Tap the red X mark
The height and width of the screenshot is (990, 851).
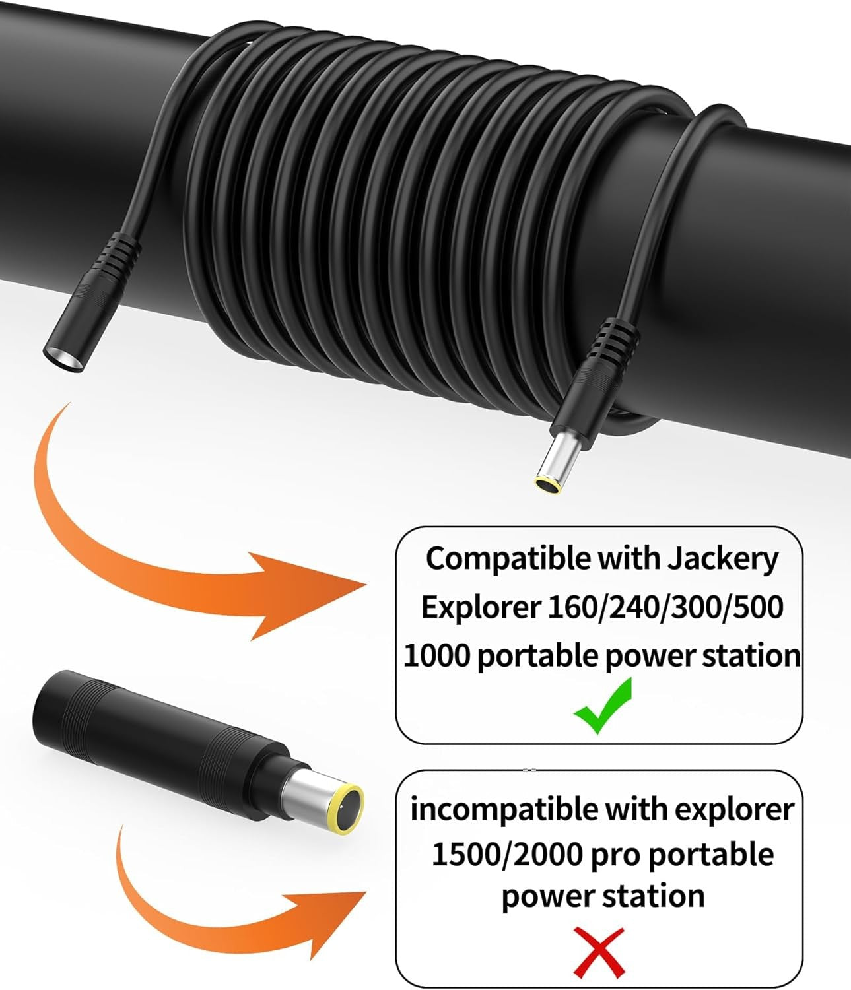(599, 951)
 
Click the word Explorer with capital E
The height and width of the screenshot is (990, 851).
(480, 607)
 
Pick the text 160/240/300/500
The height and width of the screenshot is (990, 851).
(665, 607)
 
